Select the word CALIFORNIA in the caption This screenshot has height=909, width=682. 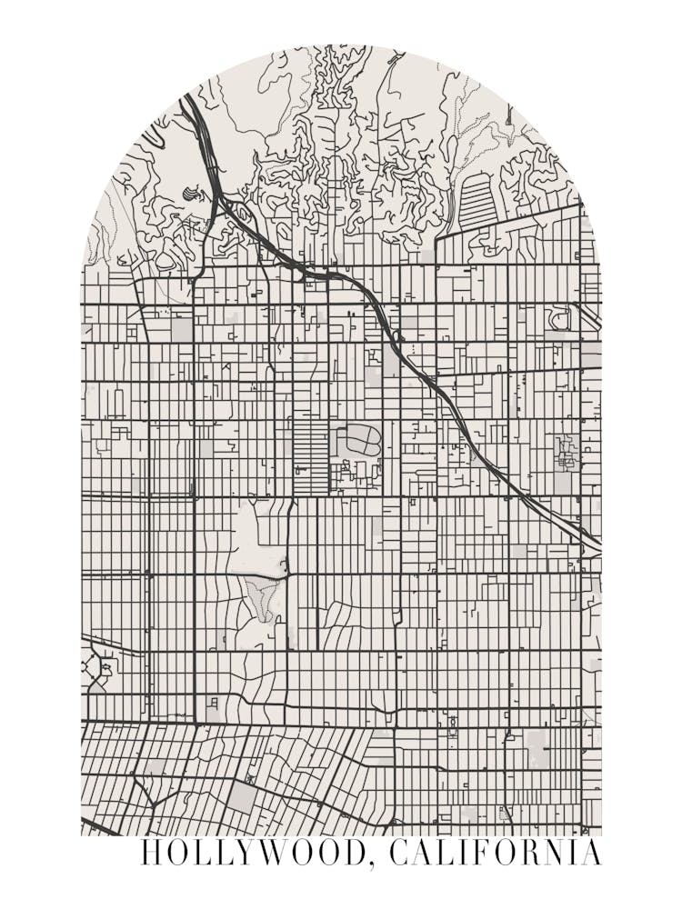496,854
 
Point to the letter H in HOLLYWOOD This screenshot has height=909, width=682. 153,854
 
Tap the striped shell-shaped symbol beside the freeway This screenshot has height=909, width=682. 190,194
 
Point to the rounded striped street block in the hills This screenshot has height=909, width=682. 476,200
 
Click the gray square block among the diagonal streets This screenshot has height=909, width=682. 242,797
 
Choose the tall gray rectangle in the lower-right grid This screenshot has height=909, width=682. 537,747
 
